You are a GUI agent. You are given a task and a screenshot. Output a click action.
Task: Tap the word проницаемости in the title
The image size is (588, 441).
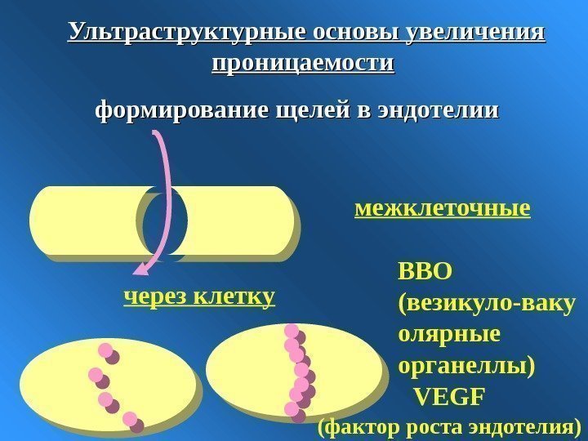[x=302, y=63]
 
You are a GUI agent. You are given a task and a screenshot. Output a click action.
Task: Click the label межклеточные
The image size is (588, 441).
[x=443, y=210]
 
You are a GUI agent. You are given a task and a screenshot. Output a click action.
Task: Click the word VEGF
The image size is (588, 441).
[x=449, y=397]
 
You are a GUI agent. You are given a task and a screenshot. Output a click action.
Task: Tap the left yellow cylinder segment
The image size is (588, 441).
[x=86, y=220]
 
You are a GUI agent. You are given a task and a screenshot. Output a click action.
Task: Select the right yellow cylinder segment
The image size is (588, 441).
[x=233, y=220]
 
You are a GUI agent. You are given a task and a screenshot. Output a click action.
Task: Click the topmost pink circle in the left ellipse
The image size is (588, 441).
[x=105, y=351]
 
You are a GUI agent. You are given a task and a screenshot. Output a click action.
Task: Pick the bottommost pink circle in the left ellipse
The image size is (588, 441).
[x=130, y=419]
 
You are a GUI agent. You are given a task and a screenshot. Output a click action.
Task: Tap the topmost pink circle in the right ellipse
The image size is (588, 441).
[x=292, y=331]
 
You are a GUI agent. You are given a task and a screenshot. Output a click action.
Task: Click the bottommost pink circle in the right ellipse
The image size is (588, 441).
[x=292, y=408]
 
